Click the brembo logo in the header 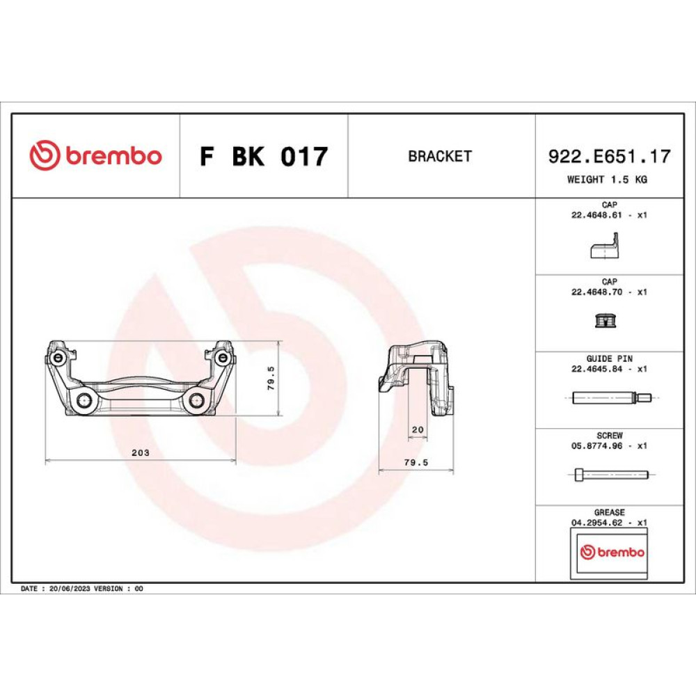pos(95,155)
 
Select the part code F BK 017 pos(264,156)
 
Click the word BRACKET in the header pos(439,156)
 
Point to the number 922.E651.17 pos(610,156)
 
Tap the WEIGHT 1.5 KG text pos(607,180)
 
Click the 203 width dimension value pos(141,453)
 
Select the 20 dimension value pos(418,429)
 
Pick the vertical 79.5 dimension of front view pos(271,378)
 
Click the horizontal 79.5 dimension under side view pos(416,463)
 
